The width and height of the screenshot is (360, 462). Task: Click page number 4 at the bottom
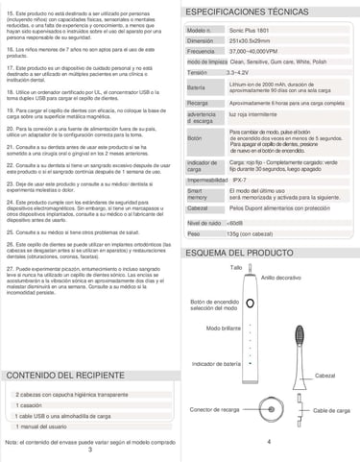(x=270, y=442)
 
